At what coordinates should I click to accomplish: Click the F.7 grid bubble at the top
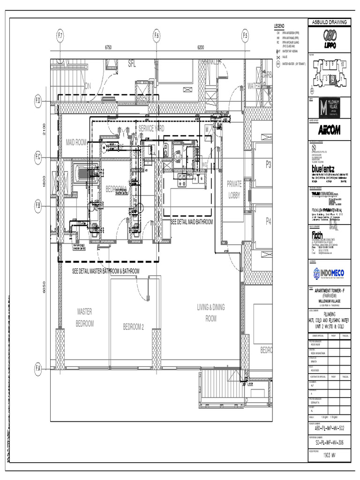(60, 36)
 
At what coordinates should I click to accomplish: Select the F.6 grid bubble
(157, 36)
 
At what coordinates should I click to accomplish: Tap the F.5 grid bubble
(245, 36)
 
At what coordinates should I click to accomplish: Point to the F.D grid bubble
(38, 100)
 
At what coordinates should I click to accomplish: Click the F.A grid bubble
(38, 369)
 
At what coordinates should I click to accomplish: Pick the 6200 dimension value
(201, 47)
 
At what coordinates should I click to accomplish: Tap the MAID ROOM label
(76, 142)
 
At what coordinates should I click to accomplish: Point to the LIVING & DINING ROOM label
(211, 313)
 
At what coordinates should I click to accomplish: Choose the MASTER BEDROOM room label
(85, 317)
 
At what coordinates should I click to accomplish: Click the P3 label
(269, 164)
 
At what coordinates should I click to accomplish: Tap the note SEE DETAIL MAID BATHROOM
(191, 222)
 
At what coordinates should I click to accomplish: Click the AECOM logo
(324, 130)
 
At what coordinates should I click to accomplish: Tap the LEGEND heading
(279, 25)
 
